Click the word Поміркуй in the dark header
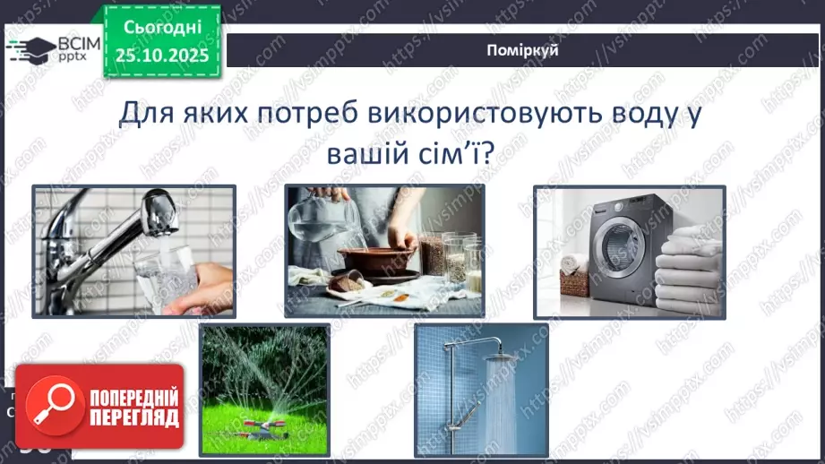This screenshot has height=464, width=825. click(x=525, y=50)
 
